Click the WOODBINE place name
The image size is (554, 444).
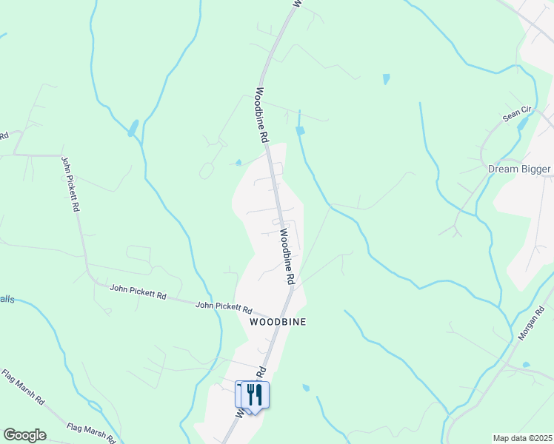[278, 323]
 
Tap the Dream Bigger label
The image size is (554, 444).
[519, 169]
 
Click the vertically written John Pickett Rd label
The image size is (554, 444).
[70, 184]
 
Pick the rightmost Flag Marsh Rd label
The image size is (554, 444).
[91, 431]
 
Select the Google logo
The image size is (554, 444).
[24, 435]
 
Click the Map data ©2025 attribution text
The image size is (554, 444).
[522, 438]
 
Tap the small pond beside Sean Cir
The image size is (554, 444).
[521, 124]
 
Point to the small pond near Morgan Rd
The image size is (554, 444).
[525, 365]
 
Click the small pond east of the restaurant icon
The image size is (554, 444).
[306, 387]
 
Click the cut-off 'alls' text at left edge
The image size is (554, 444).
[7, 299]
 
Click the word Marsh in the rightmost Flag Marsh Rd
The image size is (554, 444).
[93, 432]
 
